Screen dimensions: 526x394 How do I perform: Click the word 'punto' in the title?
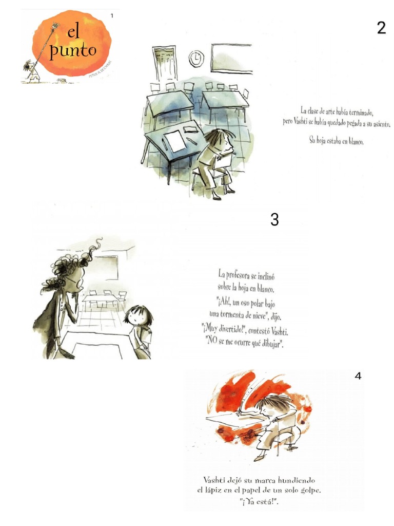pyautogui.click(x=73, y=51)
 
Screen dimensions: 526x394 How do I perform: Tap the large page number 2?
pyautogui.click(x=381, y=28)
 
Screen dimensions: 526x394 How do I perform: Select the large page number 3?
pyautogui.click(x=274, y=220)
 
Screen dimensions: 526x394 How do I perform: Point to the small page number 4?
pyautogui.click(x=358, y=376)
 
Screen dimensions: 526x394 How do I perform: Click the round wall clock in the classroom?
pyautogui.click(x=196, y=59)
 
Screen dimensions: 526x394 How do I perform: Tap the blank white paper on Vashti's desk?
pyautogui.click(x=174, y=140)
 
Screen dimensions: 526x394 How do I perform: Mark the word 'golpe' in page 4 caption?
pyautogui.click(x=308, y=491)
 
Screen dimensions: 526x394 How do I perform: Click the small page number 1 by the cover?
pyautogui.click(x=112, y=16)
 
